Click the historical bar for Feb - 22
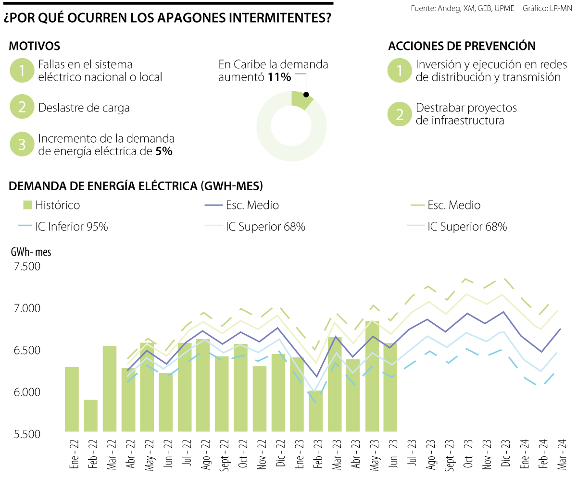[91, 415]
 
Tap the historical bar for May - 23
[372, 376]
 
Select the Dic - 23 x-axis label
[504, 454]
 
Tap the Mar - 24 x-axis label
[561, 454]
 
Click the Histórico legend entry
[51, 205]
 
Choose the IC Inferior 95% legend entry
[65, 227]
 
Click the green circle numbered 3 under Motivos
[22, 145]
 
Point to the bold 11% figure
[280, 77]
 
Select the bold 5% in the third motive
[164, 151]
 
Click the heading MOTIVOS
[35, 46]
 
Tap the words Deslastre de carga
[84, 108]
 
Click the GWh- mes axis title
[31, 251]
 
